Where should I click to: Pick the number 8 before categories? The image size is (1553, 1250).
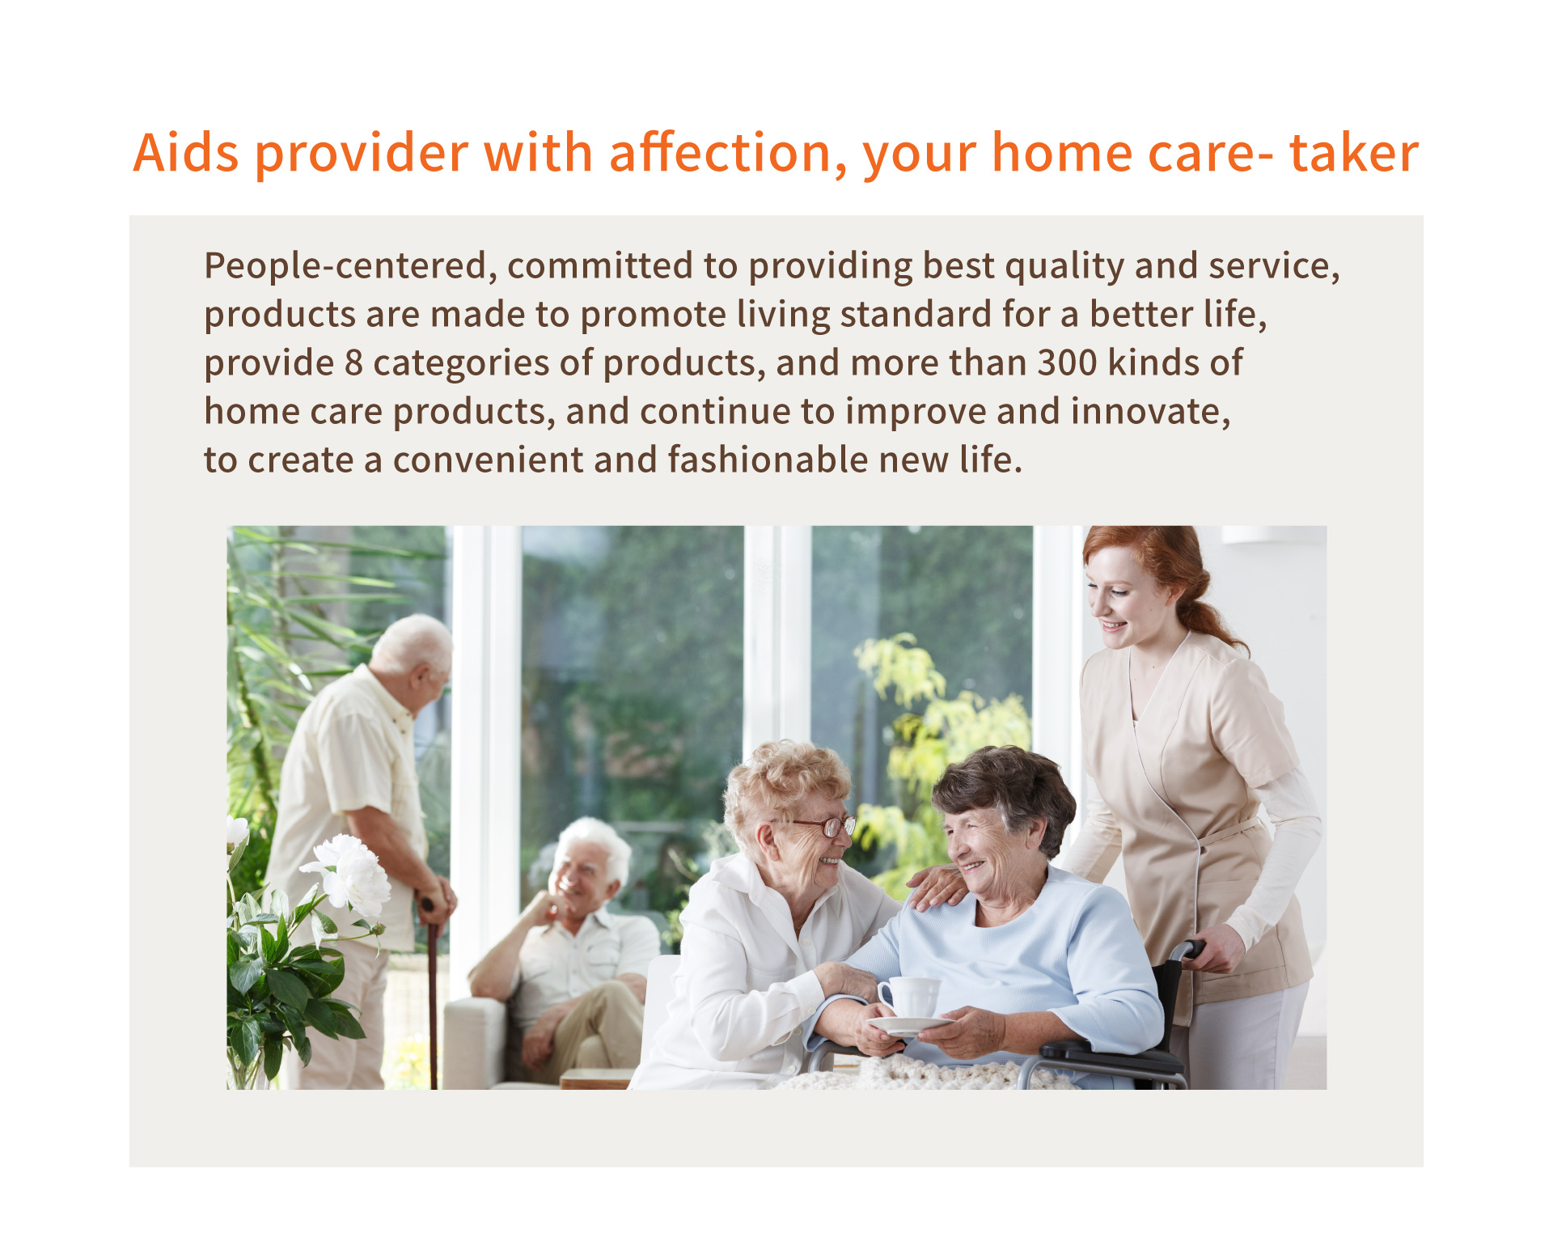click(x=353, y=362)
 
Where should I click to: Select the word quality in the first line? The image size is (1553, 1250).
click(x=1064, y=266)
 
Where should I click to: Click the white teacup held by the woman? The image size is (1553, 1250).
click(x=910, y=996)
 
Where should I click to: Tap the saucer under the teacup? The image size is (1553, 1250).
click(x=909, y=1025)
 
